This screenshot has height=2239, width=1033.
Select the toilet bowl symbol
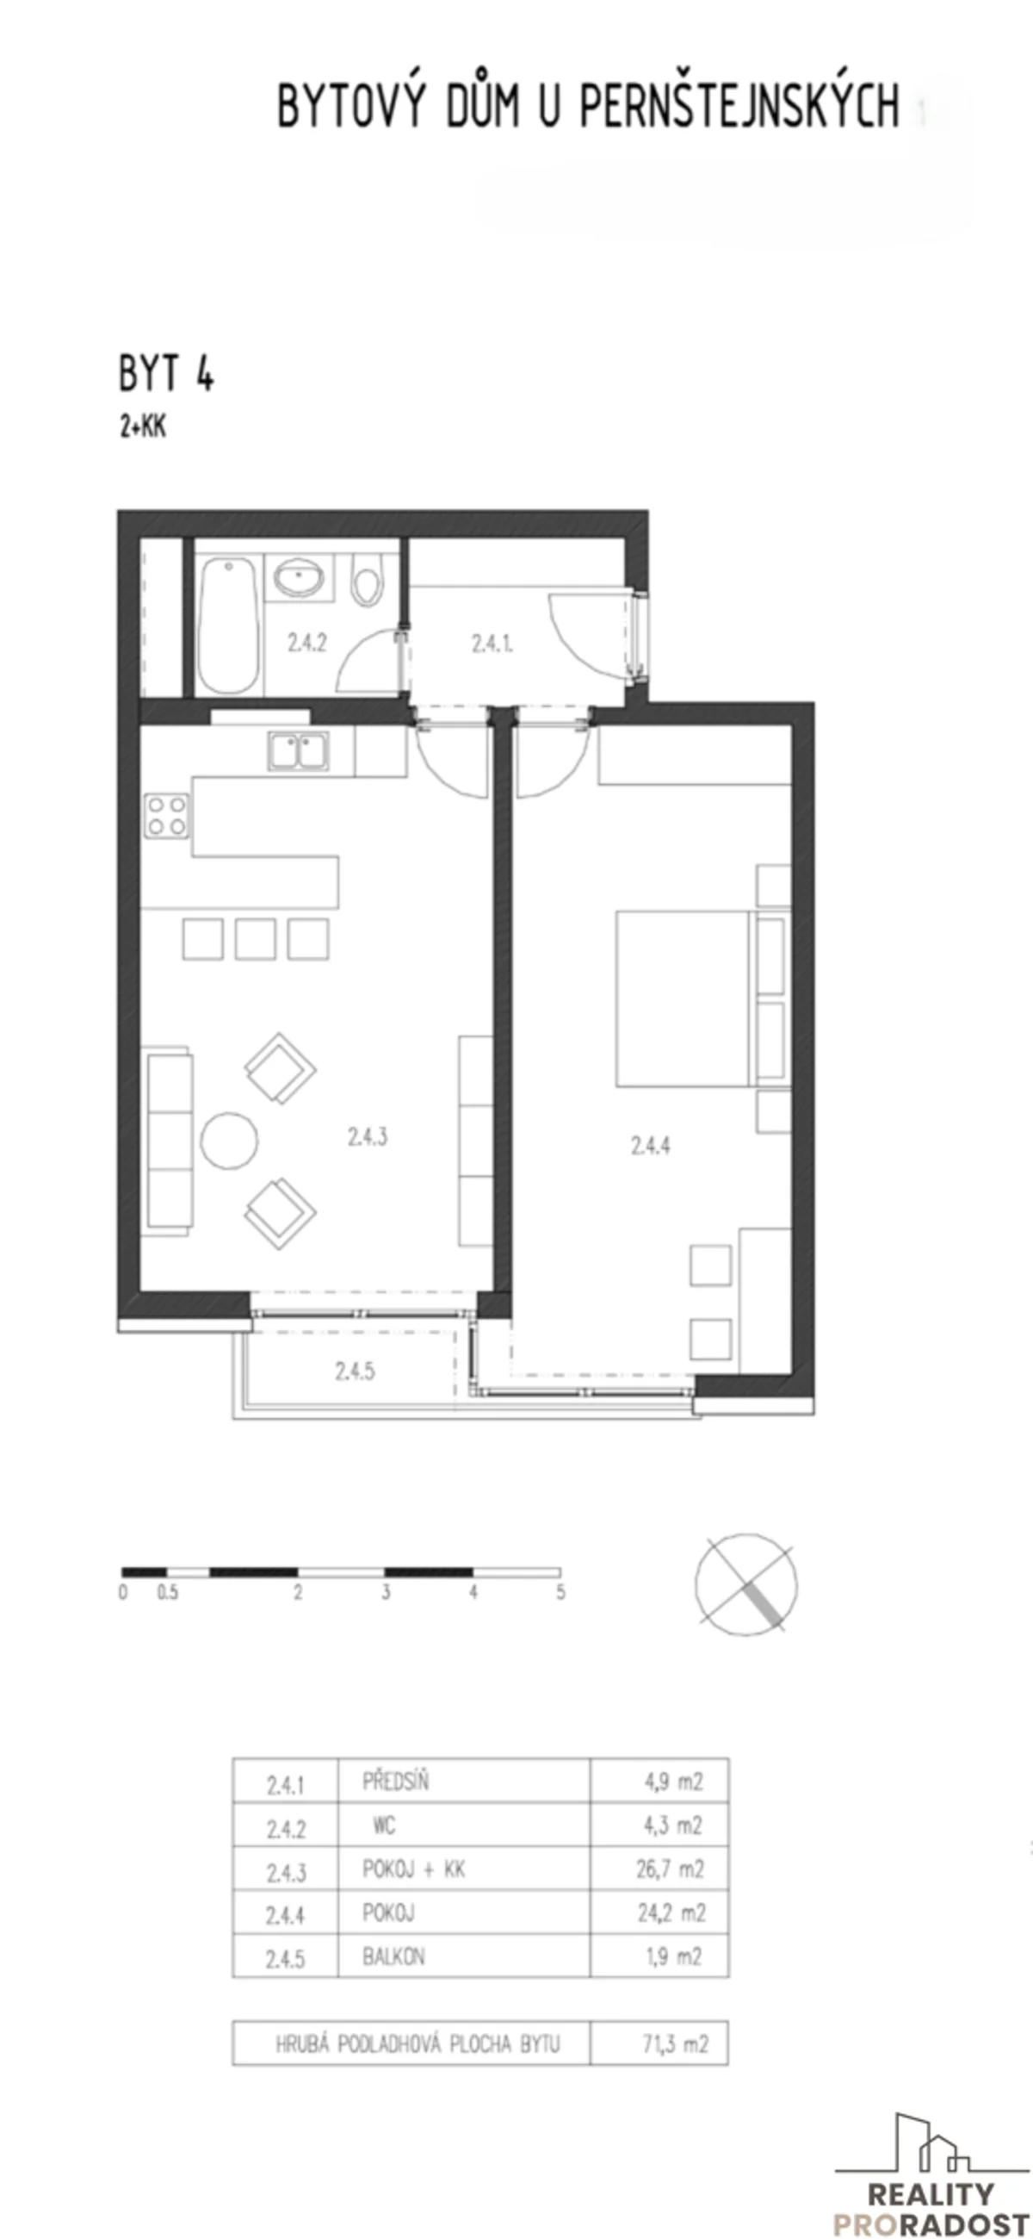coord(368,581)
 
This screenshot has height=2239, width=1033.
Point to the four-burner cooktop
coord(167,815)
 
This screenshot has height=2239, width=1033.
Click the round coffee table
coord(229,1141)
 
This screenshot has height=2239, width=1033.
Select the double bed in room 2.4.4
coord(682,998)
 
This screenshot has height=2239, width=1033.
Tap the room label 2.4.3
coord(368,1136)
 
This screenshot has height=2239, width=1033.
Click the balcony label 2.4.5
coord(355,1371)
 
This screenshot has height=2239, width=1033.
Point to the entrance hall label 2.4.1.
coord(492,644)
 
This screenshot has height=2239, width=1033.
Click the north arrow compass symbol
coord(745,1583)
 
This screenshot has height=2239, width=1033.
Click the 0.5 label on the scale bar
coord(168,1593)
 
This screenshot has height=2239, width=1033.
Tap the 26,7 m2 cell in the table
coord(670,1869)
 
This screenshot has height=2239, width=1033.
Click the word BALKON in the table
coord(393,1956)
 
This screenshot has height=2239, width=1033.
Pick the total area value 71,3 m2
coord(675,2043)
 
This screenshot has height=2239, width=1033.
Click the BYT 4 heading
coord(166,374)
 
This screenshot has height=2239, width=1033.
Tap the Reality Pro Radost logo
coord(931,2175)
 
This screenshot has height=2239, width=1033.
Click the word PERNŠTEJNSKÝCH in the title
coord(739,105)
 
